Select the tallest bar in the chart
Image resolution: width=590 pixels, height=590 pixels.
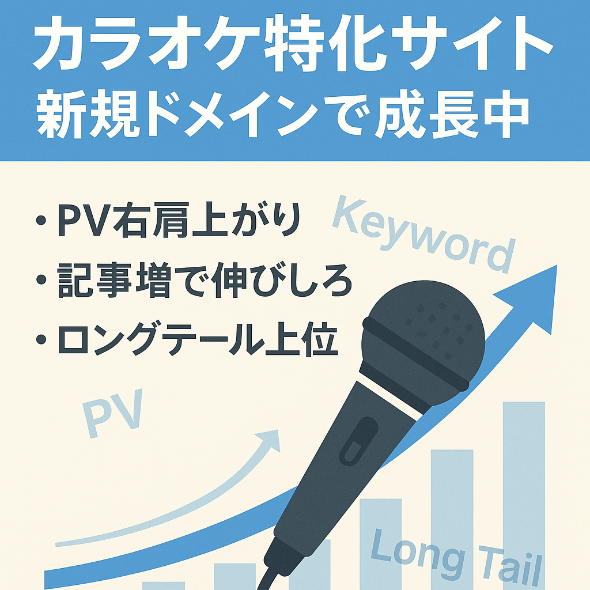click(524, 496)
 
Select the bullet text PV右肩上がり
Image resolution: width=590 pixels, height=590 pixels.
click(179, 221)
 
